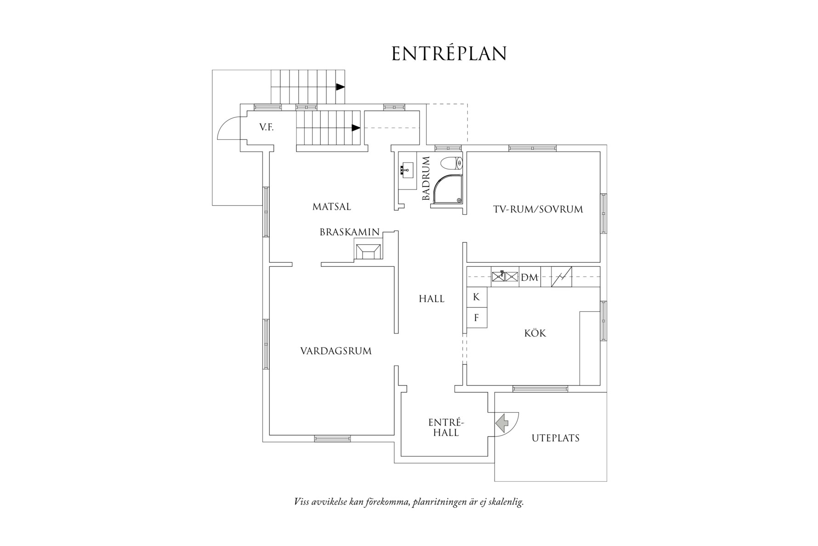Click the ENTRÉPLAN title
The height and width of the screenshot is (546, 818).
click(x=449, y=54)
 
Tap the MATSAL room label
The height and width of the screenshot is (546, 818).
click(x=331, y=207)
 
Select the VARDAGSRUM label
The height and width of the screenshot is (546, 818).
click(x=335, y=351)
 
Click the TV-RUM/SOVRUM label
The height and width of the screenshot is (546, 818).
click(x=538, y=210)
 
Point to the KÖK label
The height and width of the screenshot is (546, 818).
click(x=535, y=333)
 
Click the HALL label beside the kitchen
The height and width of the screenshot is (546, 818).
click(x=431, y=299)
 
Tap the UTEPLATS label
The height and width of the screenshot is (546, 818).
click(x=555, y=438)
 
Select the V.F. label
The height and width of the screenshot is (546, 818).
click(x=266, y=128)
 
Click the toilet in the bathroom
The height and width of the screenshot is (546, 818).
click(x=452, y=163)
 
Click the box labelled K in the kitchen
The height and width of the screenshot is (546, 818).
click(x=476, y=297)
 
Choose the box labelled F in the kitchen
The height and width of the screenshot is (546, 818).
click(x=476, y=317)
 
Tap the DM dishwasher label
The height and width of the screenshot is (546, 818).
click(x=529, y=277)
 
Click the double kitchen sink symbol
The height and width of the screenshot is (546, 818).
click(x=505, y=277)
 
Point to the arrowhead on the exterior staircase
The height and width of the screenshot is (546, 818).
click(x=340, y=86)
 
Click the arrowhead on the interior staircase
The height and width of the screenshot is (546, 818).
click(x=356, y=127)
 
